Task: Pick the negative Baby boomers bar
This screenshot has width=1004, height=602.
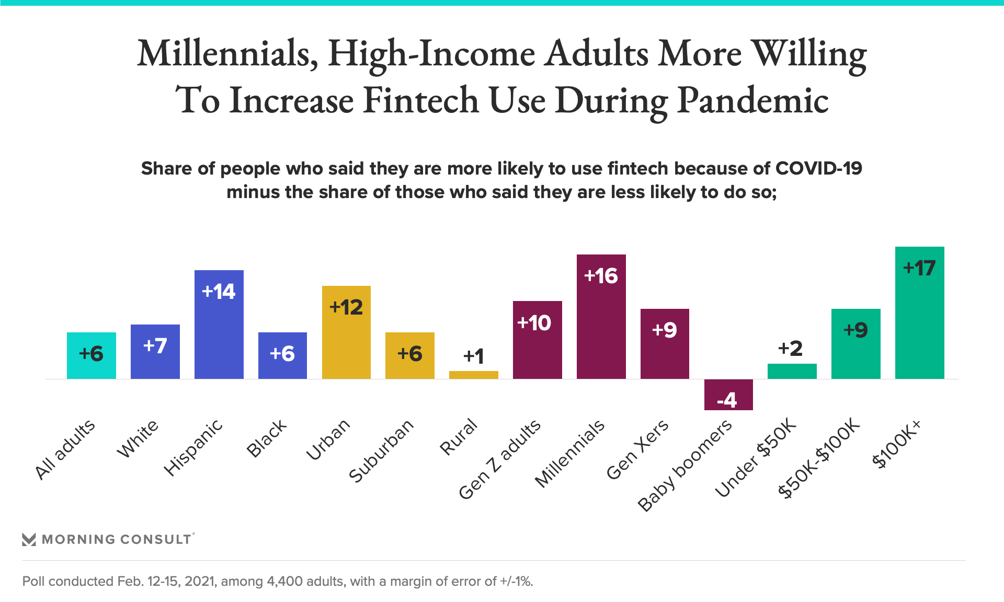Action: [728, 395]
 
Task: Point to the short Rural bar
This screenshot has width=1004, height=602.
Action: [473, 375]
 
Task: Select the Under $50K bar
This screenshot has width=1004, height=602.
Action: [792, 371]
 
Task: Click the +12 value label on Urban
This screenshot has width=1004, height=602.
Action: [346, 307]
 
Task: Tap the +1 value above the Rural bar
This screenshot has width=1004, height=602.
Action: [473, 356]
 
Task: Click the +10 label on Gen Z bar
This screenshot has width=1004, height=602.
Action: [534, 323]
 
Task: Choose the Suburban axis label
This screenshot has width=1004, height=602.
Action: [381, 451]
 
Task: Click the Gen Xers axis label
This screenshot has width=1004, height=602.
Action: [637, 449]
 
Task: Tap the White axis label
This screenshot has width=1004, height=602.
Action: [137, 439]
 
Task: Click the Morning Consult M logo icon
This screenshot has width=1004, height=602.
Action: [29, 539]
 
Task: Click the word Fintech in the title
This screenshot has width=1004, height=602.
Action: [420, 100]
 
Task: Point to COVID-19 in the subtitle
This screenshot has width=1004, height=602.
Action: [818, 168]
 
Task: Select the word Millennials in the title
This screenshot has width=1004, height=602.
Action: [228, 54]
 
